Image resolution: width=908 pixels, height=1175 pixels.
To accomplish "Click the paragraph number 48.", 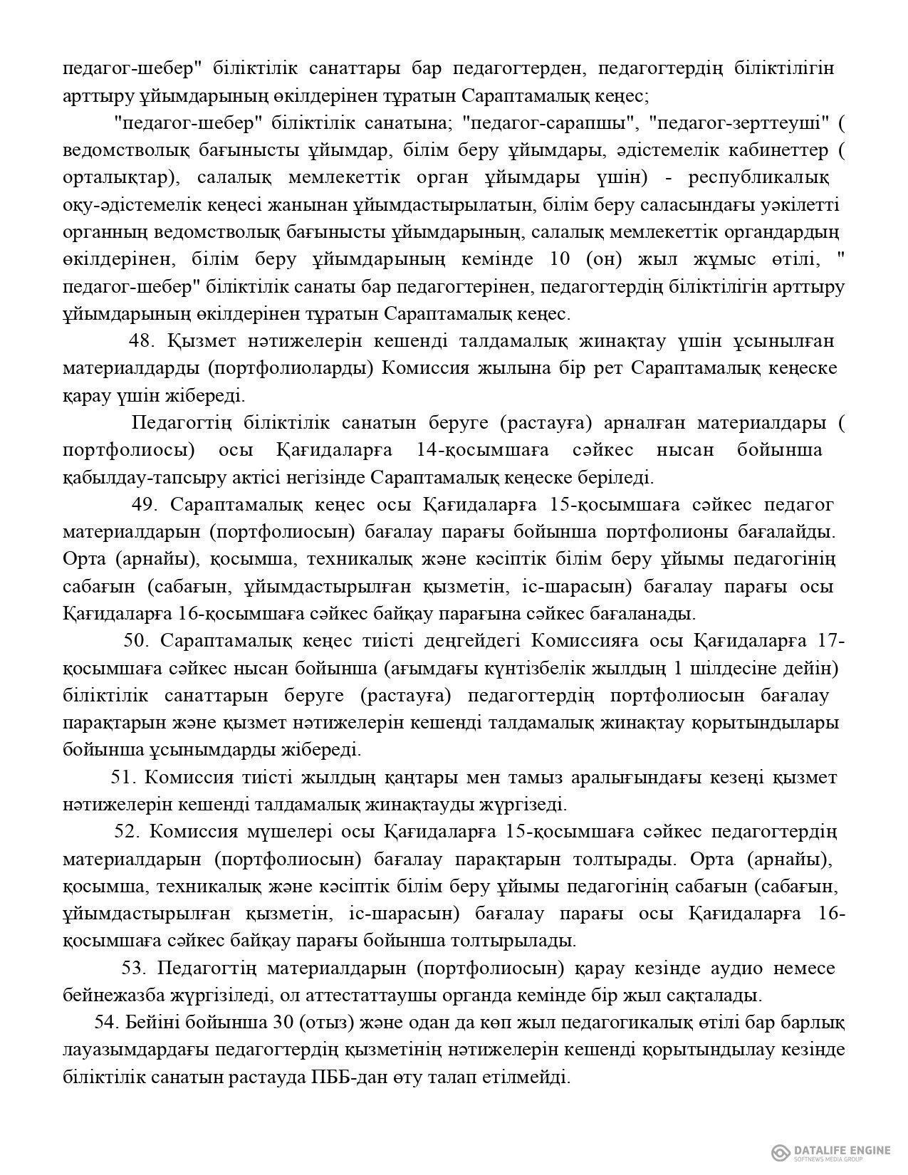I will pos(142,341).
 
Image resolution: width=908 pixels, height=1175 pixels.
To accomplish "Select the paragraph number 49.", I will pos(145,505).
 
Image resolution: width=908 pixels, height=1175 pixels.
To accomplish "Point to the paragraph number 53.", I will pos(134,968).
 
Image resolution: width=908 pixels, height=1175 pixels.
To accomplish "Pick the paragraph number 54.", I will pos(105,1023).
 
